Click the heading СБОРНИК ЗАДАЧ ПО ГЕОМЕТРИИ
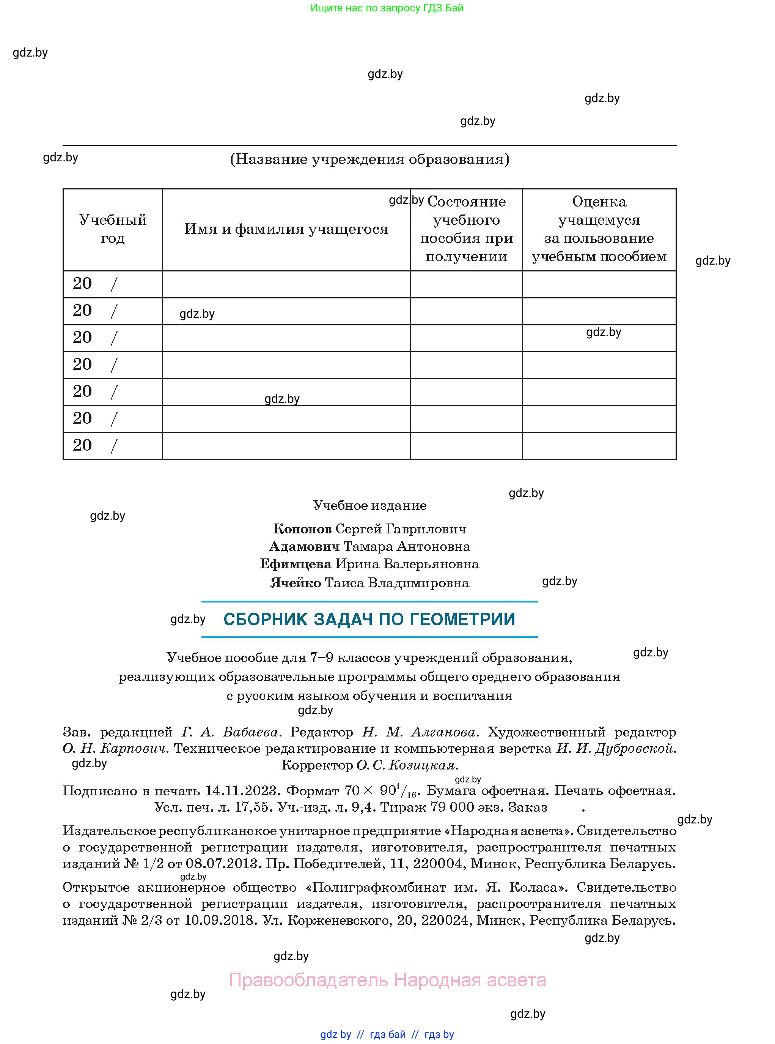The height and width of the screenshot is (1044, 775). (369, 619)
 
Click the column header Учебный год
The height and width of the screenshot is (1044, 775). (113, 229)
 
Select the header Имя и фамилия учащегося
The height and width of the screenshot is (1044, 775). (286, 229)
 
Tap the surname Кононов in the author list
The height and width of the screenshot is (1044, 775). (302, 529)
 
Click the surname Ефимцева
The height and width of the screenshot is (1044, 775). (296, 564)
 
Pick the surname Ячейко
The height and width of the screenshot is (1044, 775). (296, 583)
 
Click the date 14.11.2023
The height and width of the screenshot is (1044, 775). (242, 791)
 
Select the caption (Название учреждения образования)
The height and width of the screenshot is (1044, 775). (369, 159)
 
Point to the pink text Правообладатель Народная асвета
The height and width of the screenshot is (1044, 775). (387, 980)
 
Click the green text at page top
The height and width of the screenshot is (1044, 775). (387, 8)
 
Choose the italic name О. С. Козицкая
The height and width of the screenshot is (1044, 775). (407, 765)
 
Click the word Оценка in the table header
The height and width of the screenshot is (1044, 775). (599, 202)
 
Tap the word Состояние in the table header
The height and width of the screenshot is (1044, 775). (466, 202)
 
